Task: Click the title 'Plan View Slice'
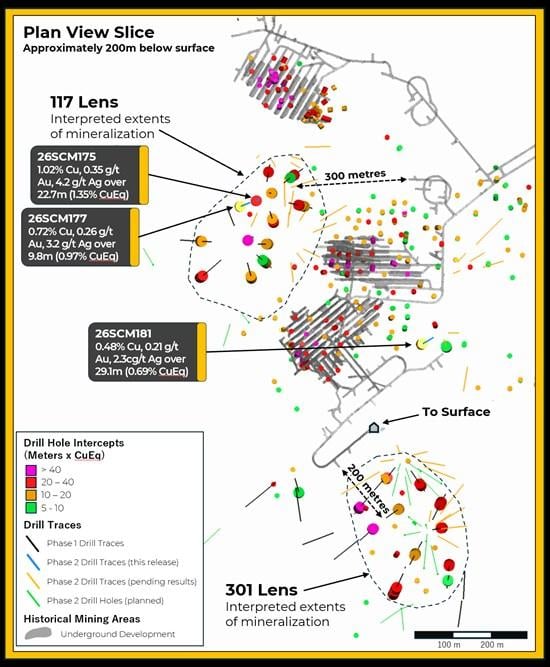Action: pyautogui.click(x=89, y=32)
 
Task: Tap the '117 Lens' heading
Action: pyautogui.click(x=84, y=102)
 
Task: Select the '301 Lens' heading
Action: pyautogui.click(x=262, y=590)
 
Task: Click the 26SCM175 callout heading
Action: pyautogui.click(x=66, y=157)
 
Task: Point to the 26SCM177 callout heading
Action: pyautogui.click(x=57, y=218)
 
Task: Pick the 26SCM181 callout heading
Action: pyautogui.click(x=123, y=334)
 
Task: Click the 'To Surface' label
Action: pyautogui.click(x=456, y=412)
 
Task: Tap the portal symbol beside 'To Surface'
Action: pyautogui.click(x=373, y=427)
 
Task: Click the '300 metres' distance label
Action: pyautogui.click(x=355, y=175)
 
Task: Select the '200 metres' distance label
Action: pyautogui.click(x=368, y=489)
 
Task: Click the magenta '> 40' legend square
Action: pyautogui.click(x=31, y=470)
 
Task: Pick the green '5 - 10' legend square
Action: pyautogui.click(x=31, y=508)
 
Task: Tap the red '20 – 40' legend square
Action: pyautogui.click(x=31, y=482)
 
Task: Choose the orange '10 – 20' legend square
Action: pyautogui.click(x=31, y=495)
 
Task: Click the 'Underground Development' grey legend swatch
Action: pyautogui.click(x=38, y=633)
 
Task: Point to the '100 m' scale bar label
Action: pyautogui.click(x=449, y=645)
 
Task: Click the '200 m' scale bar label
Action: pyautogui.click(x=492, y=645)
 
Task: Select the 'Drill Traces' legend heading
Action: pyautogui.click(x=52, y=525)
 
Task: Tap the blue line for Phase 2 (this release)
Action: pyautogui.click(x=33, y=562)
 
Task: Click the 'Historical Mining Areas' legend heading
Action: pyautogui.click(x=82, y=619)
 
